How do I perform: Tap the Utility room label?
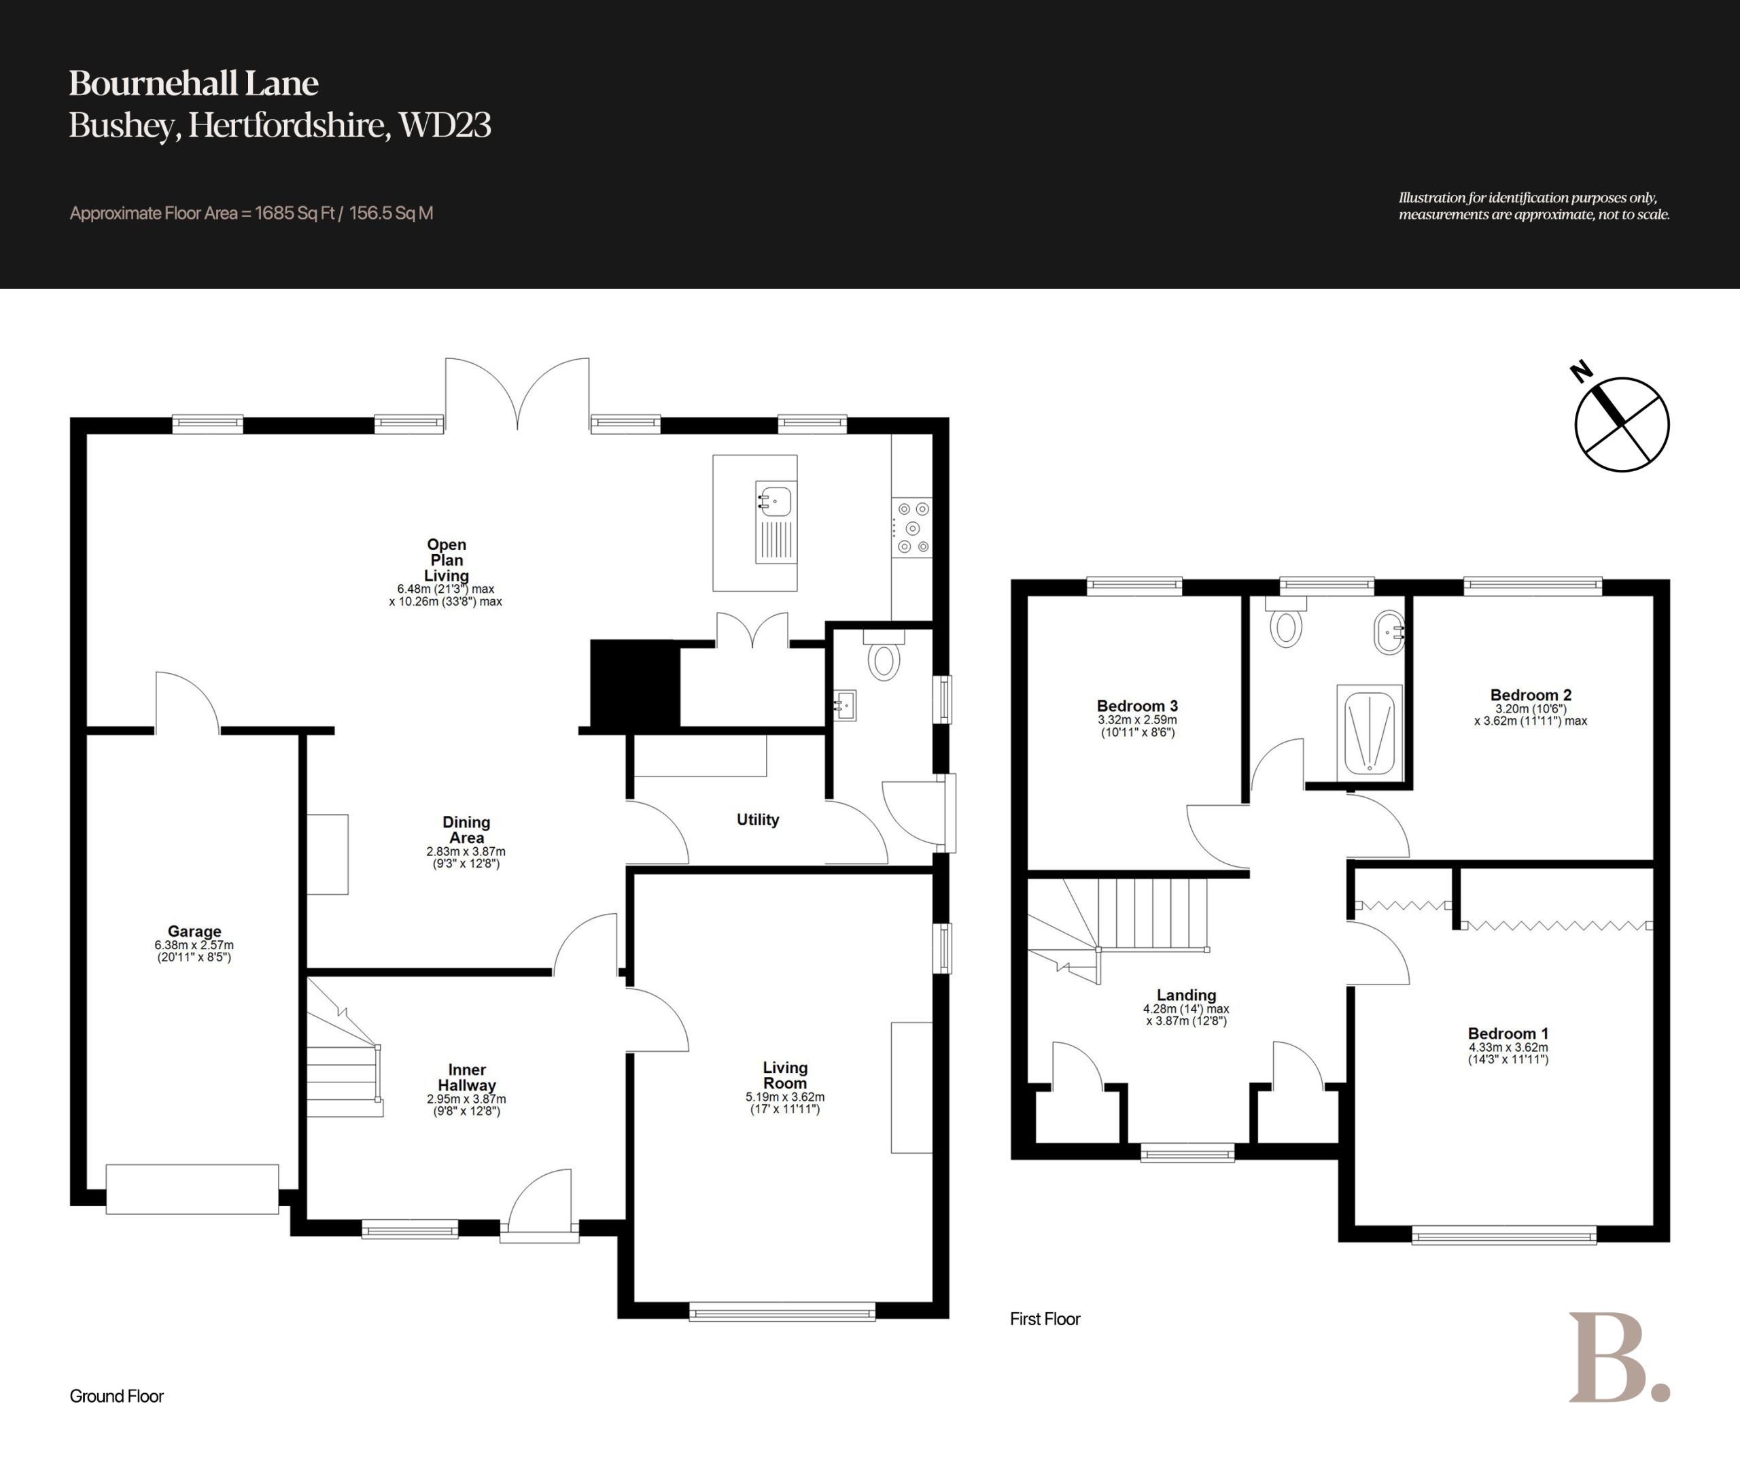(757, 819)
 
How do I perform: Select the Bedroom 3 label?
(1137, 706)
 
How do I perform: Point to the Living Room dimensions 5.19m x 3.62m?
(785, 1097)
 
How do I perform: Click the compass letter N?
(1581, 371)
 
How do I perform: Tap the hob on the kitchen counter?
(911, 528)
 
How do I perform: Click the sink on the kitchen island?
(776, 521)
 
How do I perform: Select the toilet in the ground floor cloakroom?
(884, 654)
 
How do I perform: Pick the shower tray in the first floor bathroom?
(1369, 730)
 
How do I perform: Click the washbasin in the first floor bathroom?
(1389, 632)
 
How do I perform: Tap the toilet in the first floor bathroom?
(1285, 623)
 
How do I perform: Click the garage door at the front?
(192, 1189)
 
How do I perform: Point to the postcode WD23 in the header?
(445, 125)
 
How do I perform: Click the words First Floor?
(1045, 1319)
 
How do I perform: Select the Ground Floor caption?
(117, 1396)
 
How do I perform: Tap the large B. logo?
(1618, 1358)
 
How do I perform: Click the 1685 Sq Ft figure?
(294, 213)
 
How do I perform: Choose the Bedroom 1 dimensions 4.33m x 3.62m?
(1508, 1047)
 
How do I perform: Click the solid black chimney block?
(635, 683)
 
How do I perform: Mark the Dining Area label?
(466, 830)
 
